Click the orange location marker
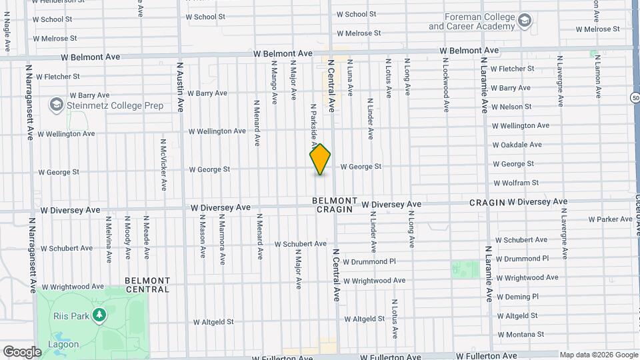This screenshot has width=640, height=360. tap(320, 159)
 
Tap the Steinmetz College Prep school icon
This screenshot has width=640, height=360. tap(56, 105)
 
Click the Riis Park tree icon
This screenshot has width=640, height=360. tap(99, 314)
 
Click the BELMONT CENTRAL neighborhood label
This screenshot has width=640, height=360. tap(147, 285)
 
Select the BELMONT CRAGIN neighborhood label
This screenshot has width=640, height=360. tap(334, 205)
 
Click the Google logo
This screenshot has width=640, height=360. tap(22, 351)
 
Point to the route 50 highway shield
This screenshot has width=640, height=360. tap(634, 97)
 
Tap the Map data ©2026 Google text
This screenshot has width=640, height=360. tap(598, 355)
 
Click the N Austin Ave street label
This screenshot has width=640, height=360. tap(180, 87)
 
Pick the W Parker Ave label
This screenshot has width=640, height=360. tap(610, 219)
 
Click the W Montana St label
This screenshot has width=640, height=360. tap(521, 335)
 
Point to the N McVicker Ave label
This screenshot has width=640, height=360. tap(163, 165)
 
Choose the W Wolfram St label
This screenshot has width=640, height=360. tap(515, 183)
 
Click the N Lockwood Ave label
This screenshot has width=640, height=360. tap(446, 83)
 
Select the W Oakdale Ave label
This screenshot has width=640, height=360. tap(517, 145)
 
